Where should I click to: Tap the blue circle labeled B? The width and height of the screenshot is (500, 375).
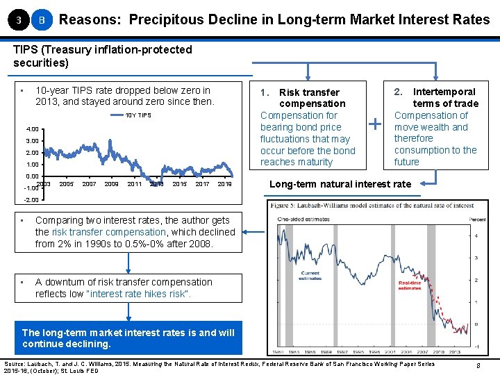click(42, 20)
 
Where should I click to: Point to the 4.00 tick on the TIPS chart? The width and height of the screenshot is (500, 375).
click(32, 129)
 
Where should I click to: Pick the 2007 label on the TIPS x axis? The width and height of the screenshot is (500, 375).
click(89, 184)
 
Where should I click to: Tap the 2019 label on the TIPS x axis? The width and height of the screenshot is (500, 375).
click(224, 184)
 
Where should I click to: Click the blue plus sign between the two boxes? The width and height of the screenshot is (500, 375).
click(376, 125)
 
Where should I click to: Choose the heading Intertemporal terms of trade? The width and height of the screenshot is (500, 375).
click(436, 97)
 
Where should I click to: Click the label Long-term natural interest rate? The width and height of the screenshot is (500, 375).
click(340, 184)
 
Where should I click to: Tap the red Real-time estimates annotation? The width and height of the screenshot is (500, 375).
click(409, 285)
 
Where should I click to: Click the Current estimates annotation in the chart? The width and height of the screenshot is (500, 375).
click(310, 276)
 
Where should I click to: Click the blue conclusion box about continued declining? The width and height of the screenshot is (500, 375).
click(128, 338)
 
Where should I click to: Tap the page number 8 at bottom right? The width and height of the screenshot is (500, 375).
click(479, 367)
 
